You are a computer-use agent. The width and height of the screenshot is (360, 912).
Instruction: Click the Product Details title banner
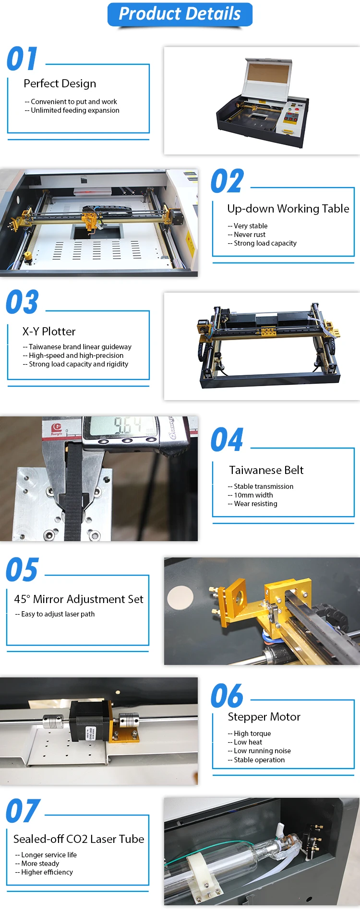coord(180,14)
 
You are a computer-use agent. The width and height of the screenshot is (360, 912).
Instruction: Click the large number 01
coord(22,59)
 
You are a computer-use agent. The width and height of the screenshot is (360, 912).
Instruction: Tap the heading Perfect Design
coord(60,83)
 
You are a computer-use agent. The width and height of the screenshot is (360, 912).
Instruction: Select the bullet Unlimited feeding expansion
coord(75,110)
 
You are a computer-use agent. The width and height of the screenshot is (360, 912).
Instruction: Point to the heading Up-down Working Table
coord(288,209)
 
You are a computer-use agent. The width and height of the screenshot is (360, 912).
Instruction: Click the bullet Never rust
coord(250,235)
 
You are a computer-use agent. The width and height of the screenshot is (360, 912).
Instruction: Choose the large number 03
coord(22,302)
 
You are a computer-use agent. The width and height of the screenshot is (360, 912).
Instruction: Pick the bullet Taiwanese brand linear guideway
coord(80,347)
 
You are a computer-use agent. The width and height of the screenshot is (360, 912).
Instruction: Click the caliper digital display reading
coord(127,425)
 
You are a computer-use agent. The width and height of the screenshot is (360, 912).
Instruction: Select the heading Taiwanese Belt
coord(266,470)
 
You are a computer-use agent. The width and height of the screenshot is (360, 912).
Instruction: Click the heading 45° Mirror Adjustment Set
coord(79,599)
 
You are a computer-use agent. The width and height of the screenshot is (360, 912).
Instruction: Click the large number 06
coord(227,696)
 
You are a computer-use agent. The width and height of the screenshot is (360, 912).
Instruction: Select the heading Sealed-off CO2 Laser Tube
coord(79,839)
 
